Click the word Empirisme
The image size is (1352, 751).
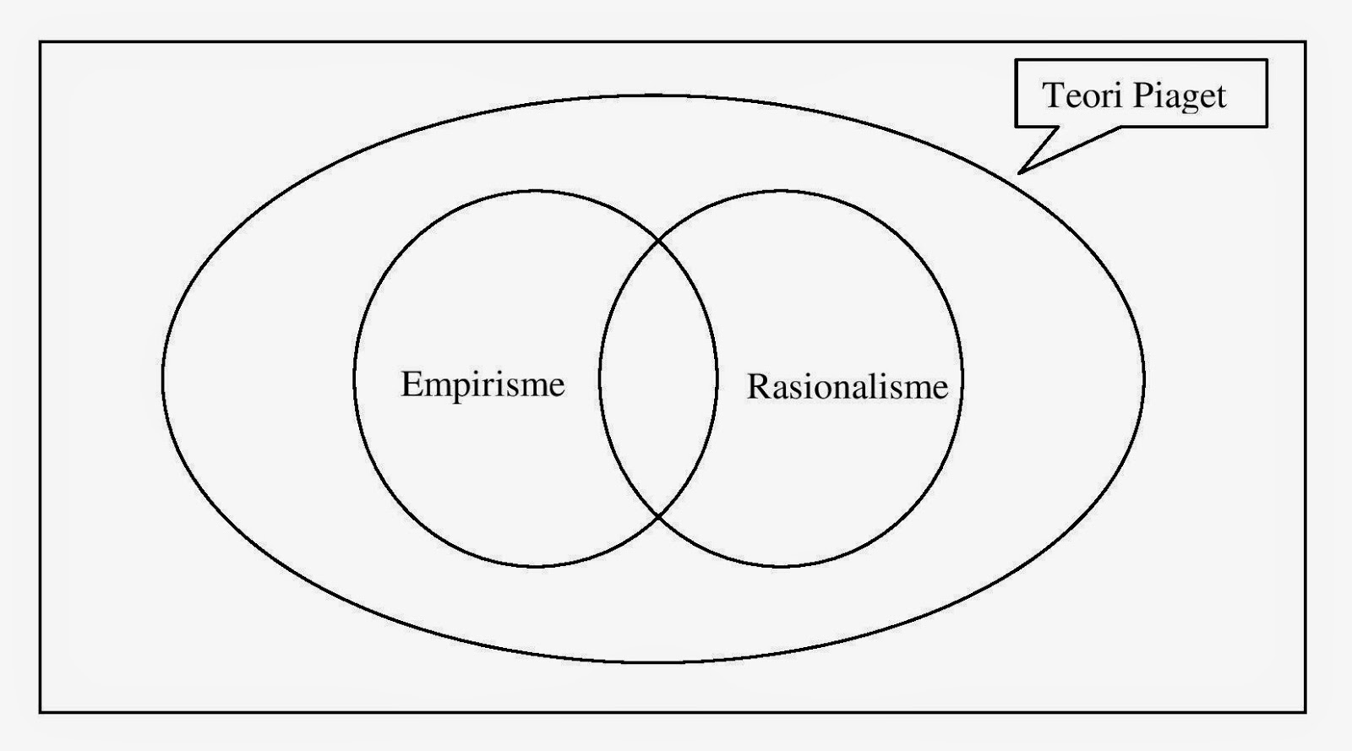coord(482,385)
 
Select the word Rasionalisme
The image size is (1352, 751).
coord(847,387)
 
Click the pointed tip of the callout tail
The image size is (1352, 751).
coord(1020,172)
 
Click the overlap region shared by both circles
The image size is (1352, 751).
coord(658,378)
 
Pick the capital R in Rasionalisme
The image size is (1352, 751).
coord(758,387)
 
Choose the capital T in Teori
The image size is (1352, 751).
coord(1052,95)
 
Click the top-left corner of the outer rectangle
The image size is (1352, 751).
coord(40,41)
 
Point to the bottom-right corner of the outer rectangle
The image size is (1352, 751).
coord(1306,712)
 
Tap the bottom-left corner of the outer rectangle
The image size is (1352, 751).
coord(40,712)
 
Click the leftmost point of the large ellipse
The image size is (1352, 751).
coord(162,378)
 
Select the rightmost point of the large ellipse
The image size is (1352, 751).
coord(1144,378)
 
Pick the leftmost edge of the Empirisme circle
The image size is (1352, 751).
coord(354,378)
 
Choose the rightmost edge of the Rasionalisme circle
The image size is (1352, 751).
coord(962,378)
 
